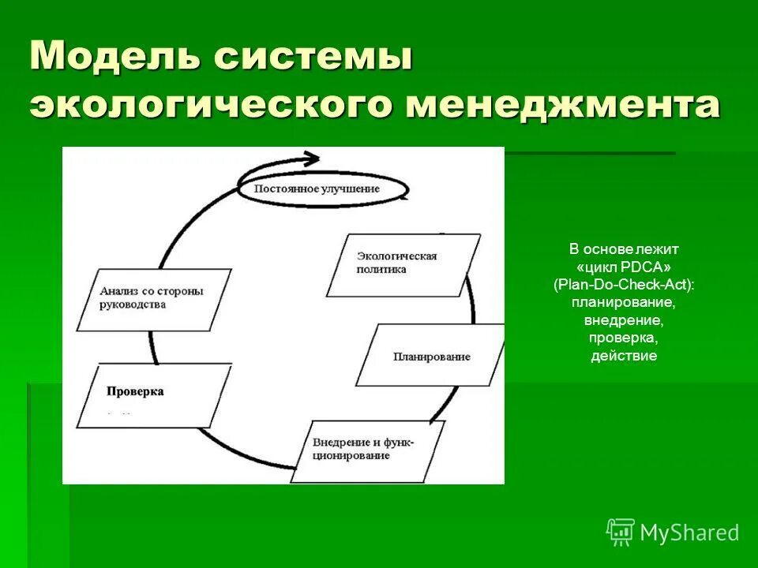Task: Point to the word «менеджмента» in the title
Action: click(x=561, y=105)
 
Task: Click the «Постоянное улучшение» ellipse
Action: click(x=323, y=189)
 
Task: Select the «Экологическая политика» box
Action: click(x=403, y=264)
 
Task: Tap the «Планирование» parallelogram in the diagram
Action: click(x=431, y=356)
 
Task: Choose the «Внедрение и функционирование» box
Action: click(x=368, y=450)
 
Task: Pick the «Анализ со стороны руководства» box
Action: click(x=154, y=298)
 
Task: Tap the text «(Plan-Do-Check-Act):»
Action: click(x=624, y=284)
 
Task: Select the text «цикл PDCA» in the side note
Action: click(x=624, y=267)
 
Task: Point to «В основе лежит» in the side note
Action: click(x=624, y=248)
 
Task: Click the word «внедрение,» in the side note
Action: click(x=624, y=320)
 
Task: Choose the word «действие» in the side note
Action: click(x=624, y=356)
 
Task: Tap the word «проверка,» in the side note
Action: click(x=624, y=338)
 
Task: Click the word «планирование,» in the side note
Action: click(x=624, y=302)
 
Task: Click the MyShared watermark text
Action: click(x=689, y=532)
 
